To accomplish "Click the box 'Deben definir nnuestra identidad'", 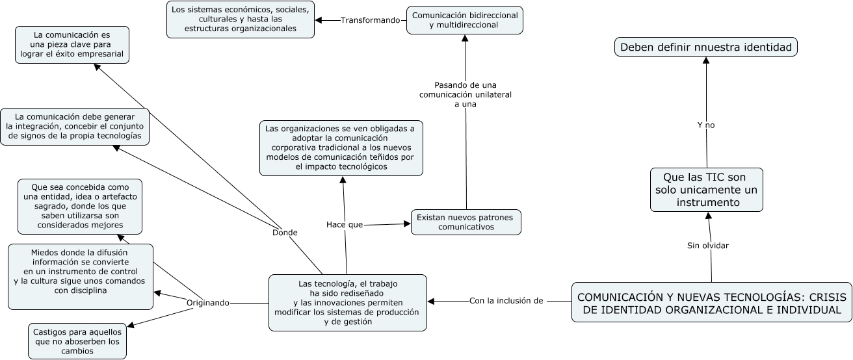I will pyautogui.click(x=706, y=47).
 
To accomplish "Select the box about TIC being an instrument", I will pyautogui.click(x=706, y=190).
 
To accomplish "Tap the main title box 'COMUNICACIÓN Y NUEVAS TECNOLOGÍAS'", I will pyautogui.click(x=711, y=303).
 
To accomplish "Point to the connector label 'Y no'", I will pyautogui.click(x=705, y=125).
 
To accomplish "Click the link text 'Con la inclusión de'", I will pyautogui.click(x=506, y=300).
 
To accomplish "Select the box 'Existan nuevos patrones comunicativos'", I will pyautogui.click(x=466, y=222).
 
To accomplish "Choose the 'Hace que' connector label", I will pyautogui.click(x=345, y=224).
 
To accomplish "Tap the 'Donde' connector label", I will pyautogui.click(x=285, y=232).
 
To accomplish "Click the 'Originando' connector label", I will pyautogui.click(x=208, y=303).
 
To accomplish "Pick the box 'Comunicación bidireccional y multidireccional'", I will pyautogui.click(x=464, y=19).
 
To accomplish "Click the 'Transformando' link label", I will pyautogui.click(x=370, y=20).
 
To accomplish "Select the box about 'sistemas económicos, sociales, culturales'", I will pyautogui.click(x=241, y=19).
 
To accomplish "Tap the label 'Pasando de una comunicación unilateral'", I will pyautogui.click(x=466, y=94).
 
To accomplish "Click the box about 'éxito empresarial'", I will pyautogui.click(x=72, y=45).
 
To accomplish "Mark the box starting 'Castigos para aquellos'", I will pyautogui.click(x=77, y=341).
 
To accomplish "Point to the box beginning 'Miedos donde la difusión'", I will pyautogui.click(x=81, y=276).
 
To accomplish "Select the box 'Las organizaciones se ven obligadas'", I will pyautogui.click(x=341, y=148).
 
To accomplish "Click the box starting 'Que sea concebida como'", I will pyautogui.click(x=81, y=206).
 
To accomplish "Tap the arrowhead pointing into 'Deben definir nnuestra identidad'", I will pyautogui.click(x=705, y=60).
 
